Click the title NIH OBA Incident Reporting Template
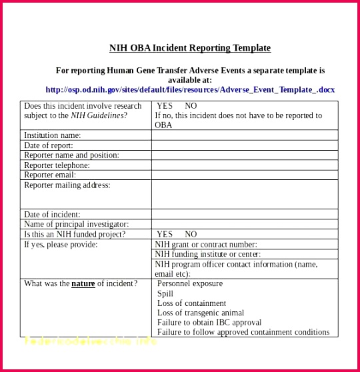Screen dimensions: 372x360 [190, 48]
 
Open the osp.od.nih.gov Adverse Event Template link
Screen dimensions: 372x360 [190, 89]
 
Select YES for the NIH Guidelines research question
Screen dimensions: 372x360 [165, 106]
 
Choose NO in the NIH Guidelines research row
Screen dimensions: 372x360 [191, 106]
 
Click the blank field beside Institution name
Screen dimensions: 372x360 [244, 135]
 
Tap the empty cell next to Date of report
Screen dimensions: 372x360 [244, 145]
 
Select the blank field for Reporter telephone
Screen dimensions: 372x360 [244, 165]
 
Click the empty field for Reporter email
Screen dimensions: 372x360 [244, 175]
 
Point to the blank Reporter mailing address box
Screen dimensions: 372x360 [244, 195]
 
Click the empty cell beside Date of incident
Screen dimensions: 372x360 [244, 215]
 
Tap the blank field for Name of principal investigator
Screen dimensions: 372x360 [244, 225]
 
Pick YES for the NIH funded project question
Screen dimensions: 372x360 [165, 235]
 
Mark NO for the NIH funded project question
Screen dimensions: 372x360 [191, 235]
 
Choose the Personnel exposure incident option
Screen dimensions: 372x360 [190, 283]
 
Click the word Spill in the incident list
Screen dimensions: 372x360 [165, 293]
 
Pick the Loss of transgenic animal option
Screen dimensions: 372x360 [201, 313]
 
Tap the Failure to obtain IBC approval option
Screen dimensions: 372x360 [209, 323]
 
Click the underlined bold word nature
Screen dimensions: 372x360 [83, 283]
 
